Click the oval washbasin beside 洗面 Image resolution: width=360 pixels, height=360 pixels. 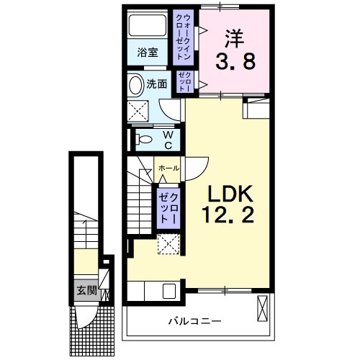[x=136, y=85]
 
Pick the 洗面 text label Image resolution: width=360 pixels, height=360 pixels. [x=157, y=84]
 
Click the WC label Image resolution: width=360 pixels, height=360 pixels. [x=166, y=139]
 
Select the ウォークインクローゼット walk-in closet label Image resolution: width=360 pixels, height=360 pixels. [x=184, y=36]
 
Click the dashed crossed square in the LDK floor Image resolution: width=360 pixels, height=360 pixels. [x=168, y=246]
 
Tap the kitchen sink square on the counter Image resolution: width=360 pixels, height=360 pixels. [x=170, y=292]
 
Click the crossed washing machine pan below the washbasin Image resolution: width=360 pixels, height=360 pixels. [x=138, y=111]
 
